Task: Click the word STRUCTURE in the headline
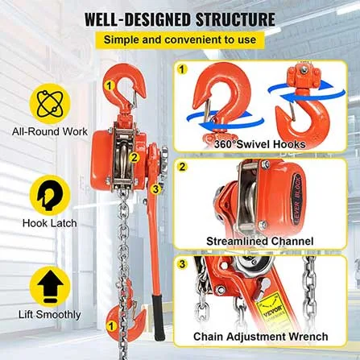235,19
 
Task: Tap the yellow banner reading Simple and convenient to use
180,39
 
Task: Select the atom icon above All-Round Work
50,104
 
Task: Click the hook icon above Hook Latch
50,196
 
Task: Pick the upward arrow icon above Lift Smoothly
50,288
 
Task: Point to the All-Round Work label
50,131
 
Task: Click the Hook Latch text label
50,223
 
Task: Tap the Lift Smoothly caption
50,315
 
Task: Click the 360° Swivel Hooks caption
259,144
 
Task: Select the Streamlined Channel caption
259,241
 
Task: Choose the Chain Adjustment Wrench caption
260,337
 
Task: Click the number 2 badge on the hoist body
134,157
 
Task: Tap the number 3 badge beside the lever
155,188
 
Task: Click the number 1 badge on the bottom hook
111,326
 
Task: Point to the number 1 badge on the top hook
109,85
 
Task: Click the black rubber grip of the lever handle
159,317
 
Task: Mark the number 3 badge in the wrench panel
182,264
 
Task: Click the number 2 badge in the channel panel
182,167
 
